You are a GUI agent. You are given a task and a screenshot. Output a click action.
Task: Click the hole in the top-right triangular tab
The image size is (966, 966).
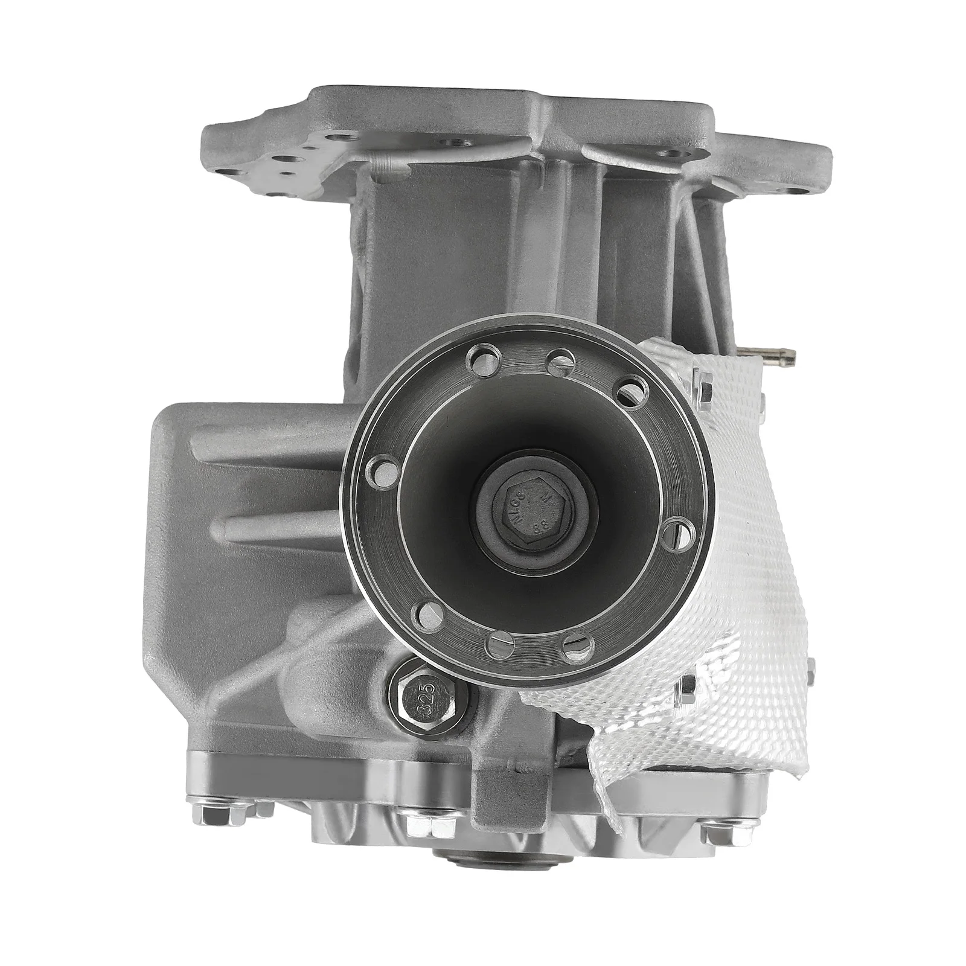pyautogui.click(x=670, y=153)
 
